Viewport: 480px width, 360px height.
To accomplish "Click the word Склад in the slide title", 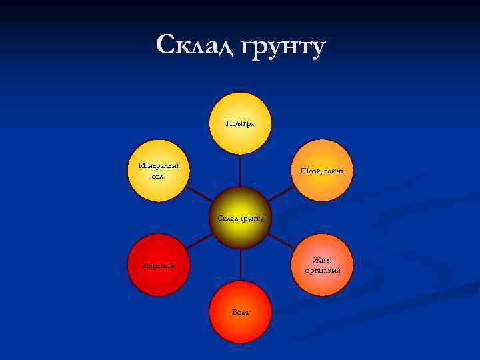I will (x=193, y=45).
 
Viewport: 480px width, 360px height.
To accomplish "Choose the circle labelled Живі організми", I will (x=323, y=265).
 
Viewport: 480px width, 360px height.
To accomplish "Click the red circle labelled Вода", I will (x=240, y=312).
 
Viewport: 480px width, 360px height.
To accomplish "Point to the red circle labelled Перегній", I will (x=159, y=265).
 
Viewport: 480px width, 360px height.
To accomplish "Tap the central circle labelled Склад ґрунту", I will (x=240, y=217).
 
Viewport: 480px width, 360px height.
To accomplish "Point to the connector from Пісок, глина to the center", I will (x=281, y=194).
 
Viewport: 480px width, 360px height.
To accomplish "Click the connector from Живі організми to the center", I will (x=281, y=241).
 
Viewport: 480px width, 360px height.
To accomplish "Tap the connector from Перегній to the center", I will (x=199, y=241).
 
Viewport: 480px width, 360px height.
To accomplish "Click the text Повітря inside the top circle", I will (x=240, y=123).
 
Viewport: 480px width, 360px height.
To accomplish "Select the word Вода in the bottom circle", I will (x=240, y=312).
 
